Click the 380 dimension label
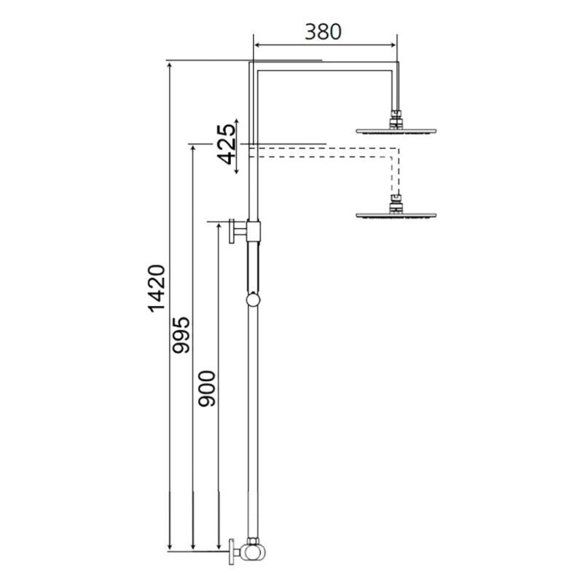[x=323, y=32]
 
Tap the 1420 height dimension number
[x=157, y=289]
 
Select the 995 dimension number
[x=181, y=335]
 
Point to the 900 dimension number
[x=207, y=388]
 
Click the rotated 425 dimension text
[x=227, y=144]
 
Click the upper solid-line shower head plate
[x=396, y=131]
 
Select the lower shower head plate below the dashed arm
[x=396, y=215]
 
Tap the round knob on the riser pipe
[x=253, y=300]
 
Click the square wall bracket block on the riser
[x=253, y=231]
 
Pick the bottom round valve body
[x=251, y=552]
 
